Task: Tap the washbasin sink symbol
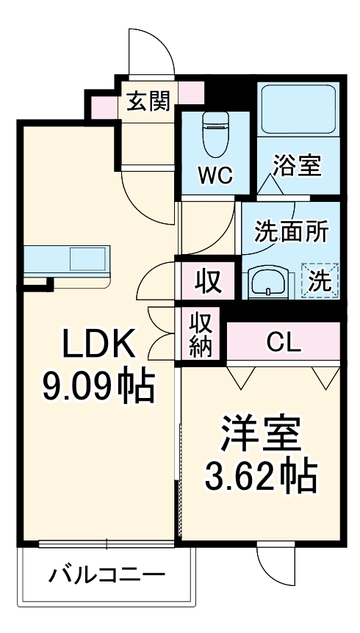pyautogui.click(x=266, y=281)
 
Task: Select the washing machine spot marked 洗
pyautogui.click(x=320, y=281)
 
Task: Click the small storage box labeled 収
pyautogui.click(x=208, y=280)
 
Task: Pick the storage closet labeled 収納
pyautogui.click(x=202, y=333)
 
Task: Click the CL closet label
pyautogui.click(x=284, y=341)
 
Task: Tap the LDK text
pyautogui.click(x=98, y=343)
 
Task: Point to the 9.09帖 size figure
pyautogui.click(x=98, y=385)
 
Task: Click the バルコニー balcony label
pyautogui.click(x=107, y=574)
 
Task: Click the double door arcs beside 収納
pyautogui.click(x=162, y=323)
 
